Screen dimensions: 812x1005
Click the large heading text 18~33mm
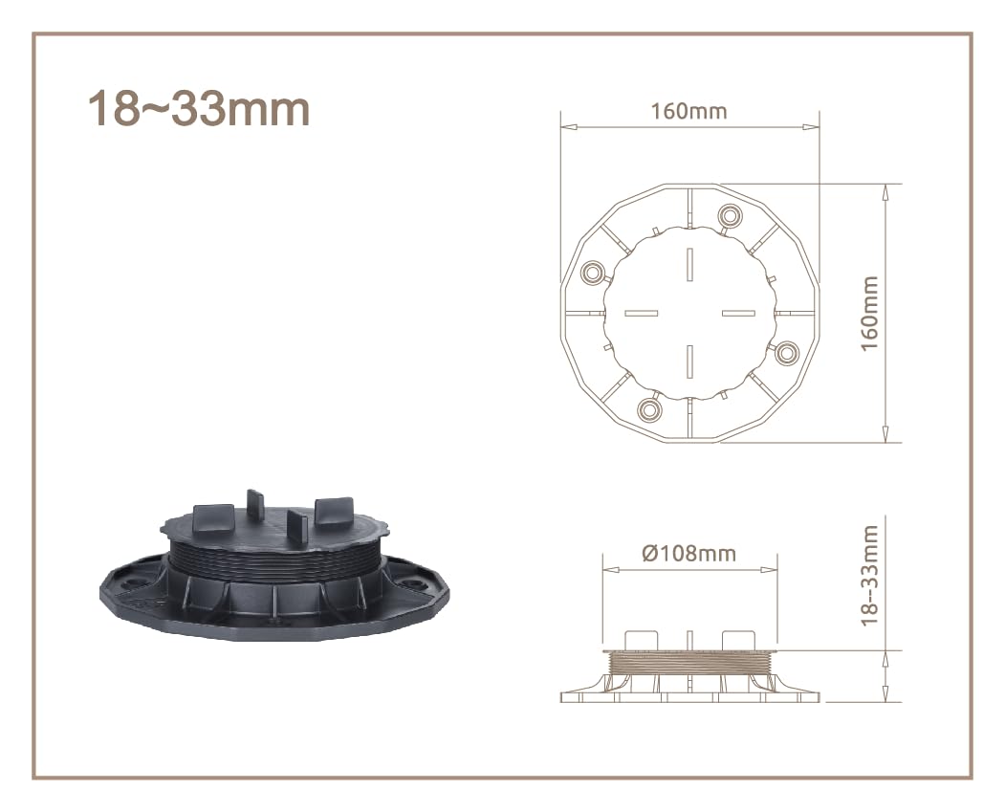[199, 109]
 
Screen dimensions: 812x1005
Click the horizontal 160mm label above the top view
[688, 111]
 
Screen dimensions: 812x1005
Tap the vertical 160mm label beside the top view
[868, 313]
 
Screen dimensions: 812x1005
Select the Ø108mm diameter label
[688, 554]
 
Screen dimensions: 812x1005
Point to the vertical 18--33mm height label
[868, 576]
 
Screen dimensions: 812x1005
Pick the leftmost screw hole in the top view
[592, 273]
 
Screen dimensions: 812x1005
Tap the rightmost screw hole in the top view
[786, 353]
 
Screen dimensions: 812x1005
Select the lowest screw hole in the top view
[649, 409]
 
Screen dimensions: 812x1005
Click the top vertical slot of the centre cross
[688, 264]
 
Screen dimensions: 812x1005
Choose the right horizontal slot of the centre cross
[737, 313]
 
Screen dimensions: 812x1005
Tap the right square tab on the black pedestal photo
[336, 514]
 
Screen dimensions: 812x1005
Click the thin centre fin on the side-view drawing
[688, 639]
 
